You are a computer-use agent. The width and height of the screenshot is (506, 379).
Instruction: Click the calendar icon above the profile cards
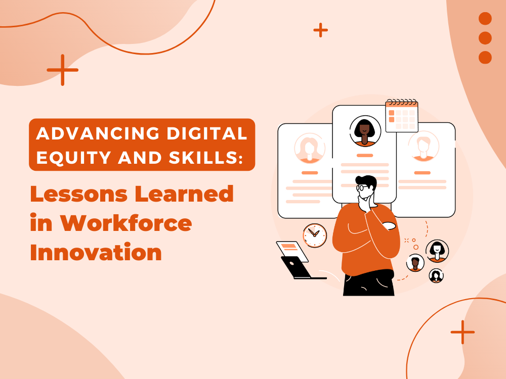click(x=402, y=116)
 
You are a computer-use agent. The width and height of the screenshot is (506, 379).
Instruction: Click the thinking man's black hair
click(x=366, y=180)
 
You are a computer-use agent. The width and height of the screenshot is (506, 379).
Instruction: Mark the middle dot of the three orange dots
click(x=485, y=38)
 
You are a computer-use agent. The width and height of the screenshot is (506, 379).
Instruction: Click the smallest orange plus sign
click(x=320, y=30)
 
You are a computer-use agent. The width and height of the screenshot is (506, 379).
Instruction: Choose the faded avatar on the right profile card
click(x=424, y=147)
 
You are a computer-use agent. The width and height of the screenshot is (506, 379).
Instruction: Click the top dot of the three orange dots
click(x=485, y=19)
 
